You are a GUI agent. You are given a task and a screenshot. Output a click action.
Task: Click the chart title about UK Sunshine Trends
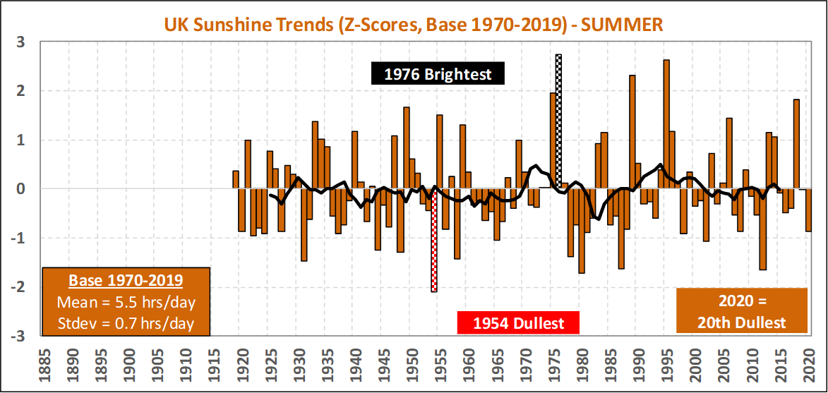click(413, 25)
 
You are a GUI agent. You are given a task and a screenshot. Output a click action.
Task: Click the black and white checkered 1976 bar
click(558, 120)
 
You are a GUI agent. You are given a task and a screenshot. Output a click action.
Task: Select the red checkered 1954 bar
click(434, 240)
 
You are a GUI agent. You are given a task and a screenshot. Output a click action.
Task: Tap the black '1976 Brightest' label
click(438, 73)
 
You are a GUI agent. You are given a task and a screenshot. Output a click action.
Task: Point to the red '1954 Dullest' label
click(518, 323)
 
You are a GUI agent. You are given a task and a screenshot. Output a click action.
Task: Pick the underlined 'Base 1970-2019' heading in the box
click(126, 280)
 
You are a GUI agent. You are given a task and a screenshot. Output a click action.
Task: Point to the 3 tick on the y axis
click(21, 42)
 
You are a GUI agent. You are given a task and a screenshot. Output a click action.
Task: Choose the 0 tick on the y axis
click(21, 189)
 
